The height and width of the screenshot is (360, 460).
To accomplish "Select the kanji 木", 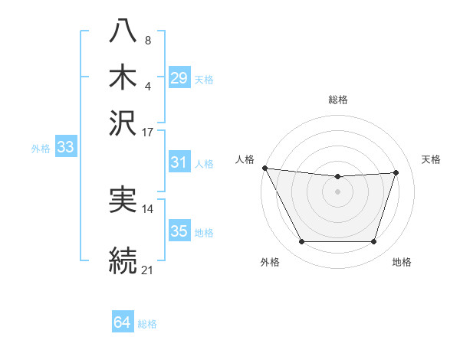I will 123,77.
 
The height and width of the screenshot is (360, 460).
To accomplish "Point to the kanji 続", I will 123,258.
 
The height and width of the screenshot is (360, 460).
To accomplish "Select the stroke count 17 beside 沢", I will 148,132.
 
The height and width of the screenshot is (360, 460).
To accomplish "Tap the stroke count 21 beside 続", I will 148,270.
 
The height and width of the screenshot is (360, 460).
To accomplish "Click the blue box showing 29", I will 179,77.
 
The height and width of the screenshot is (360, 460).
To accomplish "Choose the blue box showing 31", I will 179,162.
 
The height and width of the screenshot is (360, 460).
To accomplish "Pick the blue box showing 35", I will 179,231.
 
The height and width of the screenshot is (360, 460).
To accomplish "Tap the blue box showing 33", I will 65,148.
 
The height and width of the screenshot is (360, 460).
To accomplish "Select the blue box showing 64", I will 122,322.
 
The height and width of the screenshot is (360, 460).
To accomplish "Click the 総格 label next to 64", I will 147,324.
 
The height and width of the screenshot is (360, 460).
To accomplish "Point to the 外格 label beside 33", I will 41,149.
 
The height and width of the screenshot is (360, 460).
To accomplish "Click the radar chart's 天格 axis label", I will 431,159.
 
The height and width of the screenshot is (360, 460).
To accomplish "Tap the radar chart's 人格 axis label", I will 245,159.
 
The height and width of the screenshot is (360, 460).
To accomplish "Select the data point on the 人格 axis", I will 264,168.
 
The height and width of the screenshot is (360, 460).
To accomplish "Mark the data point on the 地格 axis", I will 373,242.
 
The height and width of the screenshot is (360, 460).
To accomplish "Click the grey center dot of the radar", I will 337,191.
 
